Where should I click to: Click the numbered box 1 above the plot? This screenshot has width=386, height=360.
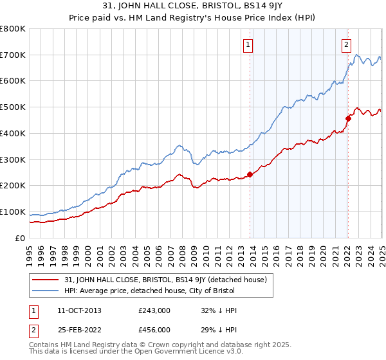click(248, 44)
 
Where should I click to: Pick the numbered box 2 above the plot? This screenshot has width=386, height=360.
click(346, 44)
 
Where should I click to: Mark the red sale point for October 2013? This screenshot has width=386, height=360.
click(250, 174)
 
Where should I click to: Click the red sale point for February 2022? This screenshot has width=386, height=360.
click(348, 118)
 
